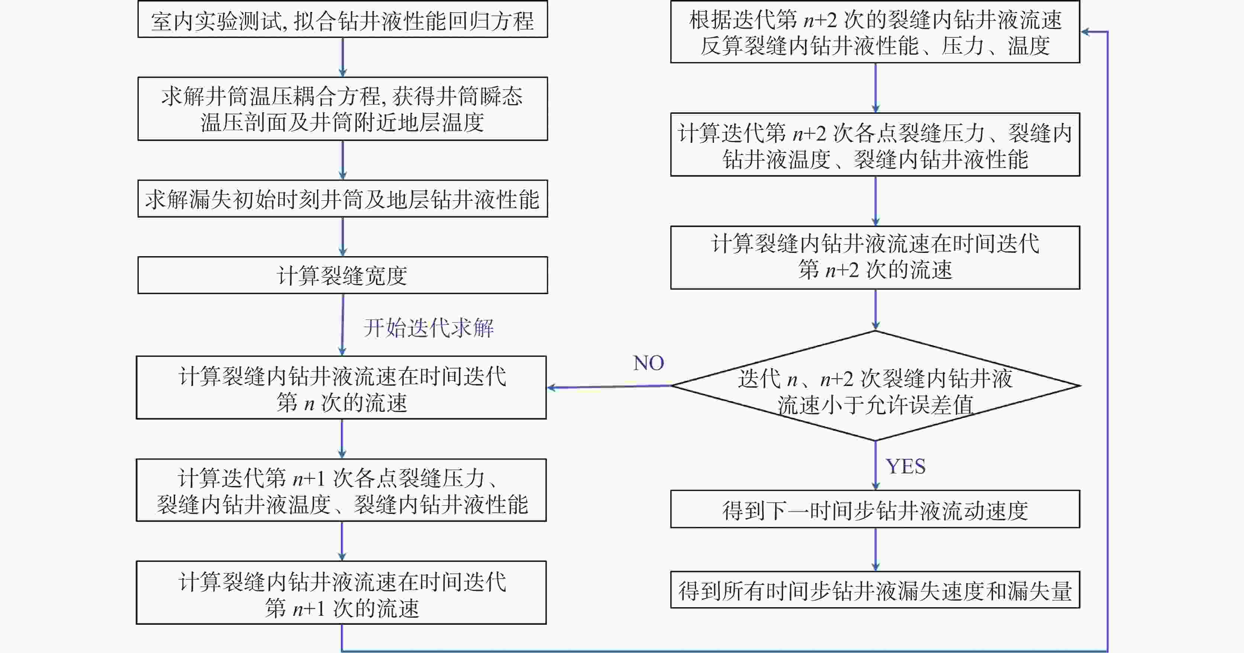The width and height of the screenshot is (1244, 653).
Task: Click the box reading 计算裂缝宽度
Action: click(x=342, y=275)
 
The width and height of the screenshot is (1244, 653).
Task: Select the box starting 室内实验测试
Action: click(x=342, y=19)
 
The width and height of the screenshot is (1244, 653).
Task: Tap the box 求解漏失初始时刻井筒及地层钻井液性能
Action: click(x=342, y=199)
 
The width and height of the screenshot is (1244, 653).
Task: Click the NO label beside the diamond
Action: click(x=648, y=363)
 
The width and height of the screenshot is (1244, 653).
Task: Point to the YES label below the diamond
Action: click(x=905, y=466)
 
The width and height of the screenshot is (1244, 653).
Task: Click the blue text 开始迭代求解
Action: click(x=428, y=328)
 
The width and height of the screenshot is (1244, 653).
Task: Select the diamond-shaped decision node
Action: click(x=875, y=385)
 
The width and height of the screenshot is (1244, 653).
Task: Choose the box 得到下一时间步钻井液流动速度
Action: click(x=875, y=509)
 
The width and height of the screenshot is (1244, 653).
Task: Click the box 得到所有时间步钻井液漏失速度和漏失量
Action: click(x=875, y=590)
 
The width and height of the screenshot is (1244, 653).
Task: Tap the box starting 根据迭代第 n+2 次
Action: click(x=875, y=32)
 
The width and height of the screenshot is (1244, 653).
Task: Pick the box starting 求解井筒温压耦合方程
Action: click(x=342, y=109)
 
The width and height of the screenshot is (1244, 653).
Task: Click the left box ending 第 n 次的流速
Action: click(x=341, y=387)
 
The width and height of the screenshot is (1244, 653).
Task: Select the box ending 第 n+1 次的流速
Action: click(x=341, y=593)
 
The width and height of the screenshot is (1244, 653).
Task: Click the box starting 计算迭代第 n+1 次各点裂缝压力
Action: click(x=341, y=490)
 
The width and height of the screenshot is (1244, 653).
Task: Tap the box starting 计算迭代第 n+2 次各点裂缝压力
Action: click(x=875, y=144)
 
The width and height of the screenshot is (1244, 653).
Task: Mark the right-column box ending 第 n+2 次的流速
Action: click(x=875, y=257)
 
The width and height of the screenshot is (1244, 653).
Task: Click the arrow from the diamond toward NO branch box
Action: click(x=609, y=386)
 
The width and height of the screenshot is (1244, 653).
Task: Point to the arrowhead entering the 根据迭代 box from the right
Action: click(x=1084, y=32)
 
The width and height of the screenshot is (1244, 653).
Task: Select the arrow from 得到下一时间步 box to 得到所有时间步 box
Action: click(x=876, y=550)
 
